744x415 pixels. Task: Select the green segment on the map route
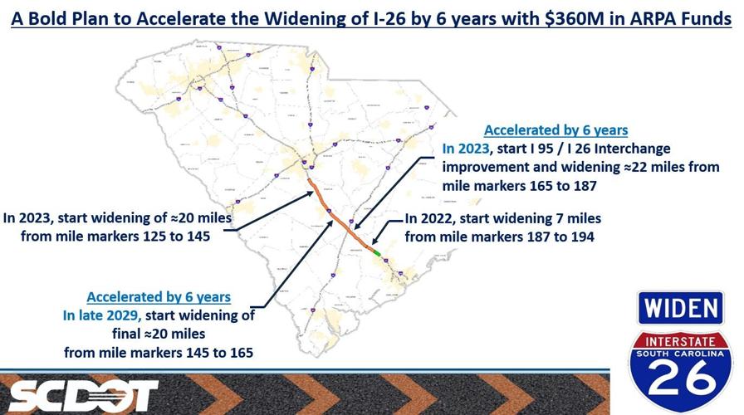[376, 251]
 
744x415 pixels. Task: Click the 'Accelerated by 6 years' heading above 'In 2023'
[556, 130]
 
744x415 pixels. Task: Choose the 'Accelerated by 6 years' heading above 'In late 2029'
[159, 296]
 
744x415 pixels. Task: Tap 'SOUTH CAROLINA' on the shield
[683, 354]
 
